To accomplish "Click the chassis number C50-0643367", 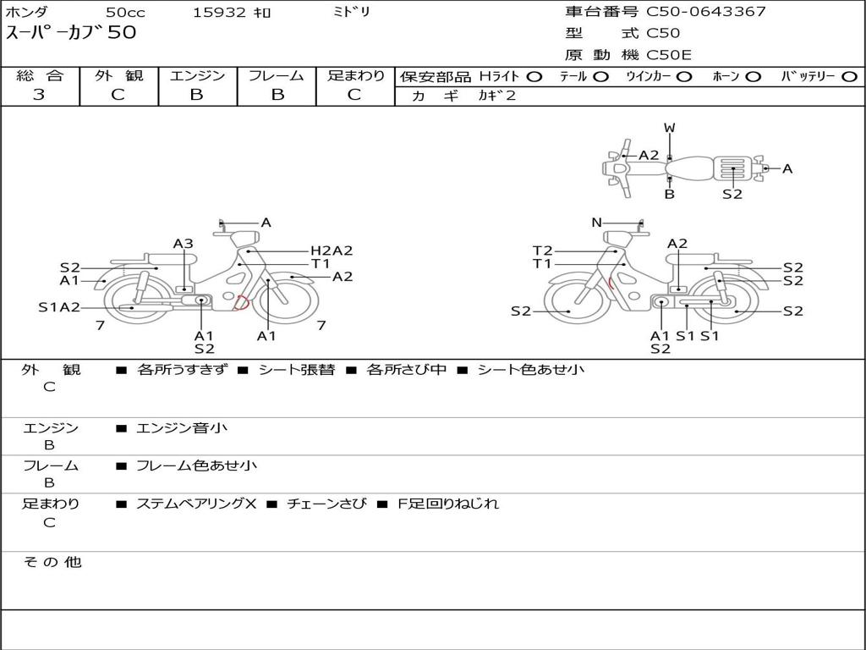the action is coord(706,12).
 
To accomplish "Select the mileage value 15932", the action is coord(219,12).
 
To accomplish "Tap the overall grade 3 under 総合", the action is coord(39,95).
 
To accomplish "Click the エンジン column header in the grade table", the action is coord(197,75).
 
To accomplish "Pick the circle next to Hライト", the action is coord(534,77).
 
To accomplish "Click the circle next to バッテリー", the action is coord(849,77).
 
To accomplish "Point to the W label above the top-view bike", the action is coord(670,128).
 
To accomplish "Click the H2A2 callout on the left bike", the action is coord(332,251).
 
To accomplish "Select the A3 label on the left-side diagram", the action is coord(184,244).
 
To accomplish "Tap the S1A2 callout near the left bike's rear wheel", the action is coord(59,307).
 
